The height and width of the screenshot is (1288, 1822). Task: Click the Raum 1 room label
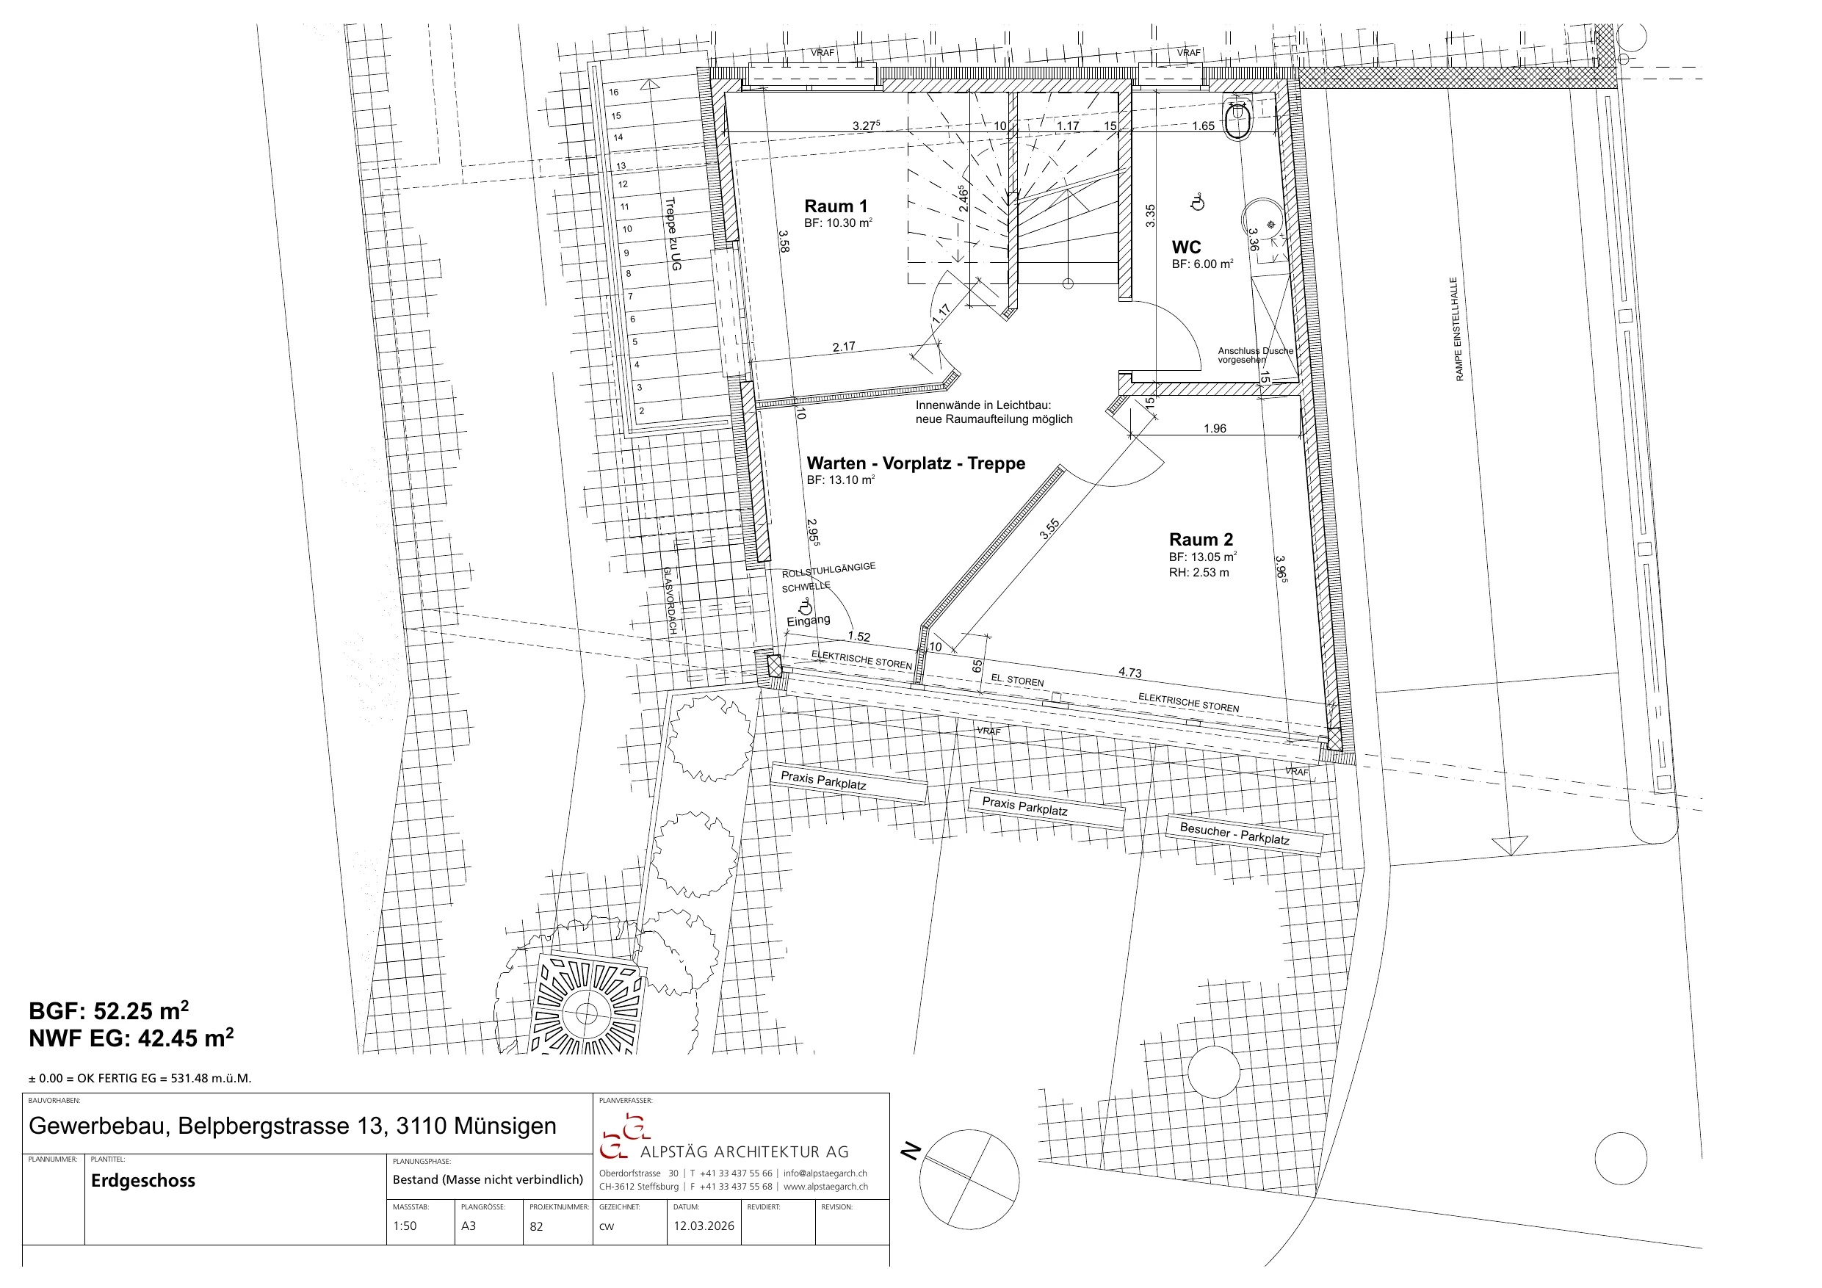point(836,206)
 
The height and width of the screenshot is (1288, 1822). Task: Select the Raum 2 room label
point(1201,540)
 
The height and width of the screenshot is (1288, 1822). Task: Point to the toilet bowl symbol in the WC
point(1237,120)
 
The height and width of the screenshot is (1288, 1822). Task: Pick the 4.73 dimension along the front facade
point(1130,672)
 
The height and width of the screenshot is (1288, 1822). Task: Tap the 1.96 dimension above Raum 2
point(1215,429)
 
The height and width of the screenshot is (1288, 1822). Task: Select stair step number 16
point(614,92)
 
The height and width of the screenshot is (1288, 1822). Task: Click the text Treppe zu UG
point(673,234)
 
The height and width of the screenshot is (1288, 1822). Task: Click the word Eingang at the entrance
point(808,621)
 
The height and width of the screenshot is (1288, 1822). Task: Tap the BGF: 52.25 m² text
point(109,1011)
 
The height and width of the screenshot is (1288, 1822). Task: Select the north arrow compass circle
point(969,1180)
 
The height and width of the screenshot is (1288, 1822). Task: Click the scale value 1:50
point(405,1226)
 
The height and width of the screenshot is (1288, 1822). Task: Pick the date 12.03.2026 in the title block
point(704,1226)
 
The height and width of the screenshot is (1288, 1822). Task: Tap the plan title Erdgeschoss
point(143,1181)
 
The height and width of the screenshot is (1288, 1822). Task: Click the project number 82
point(536,1227)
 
